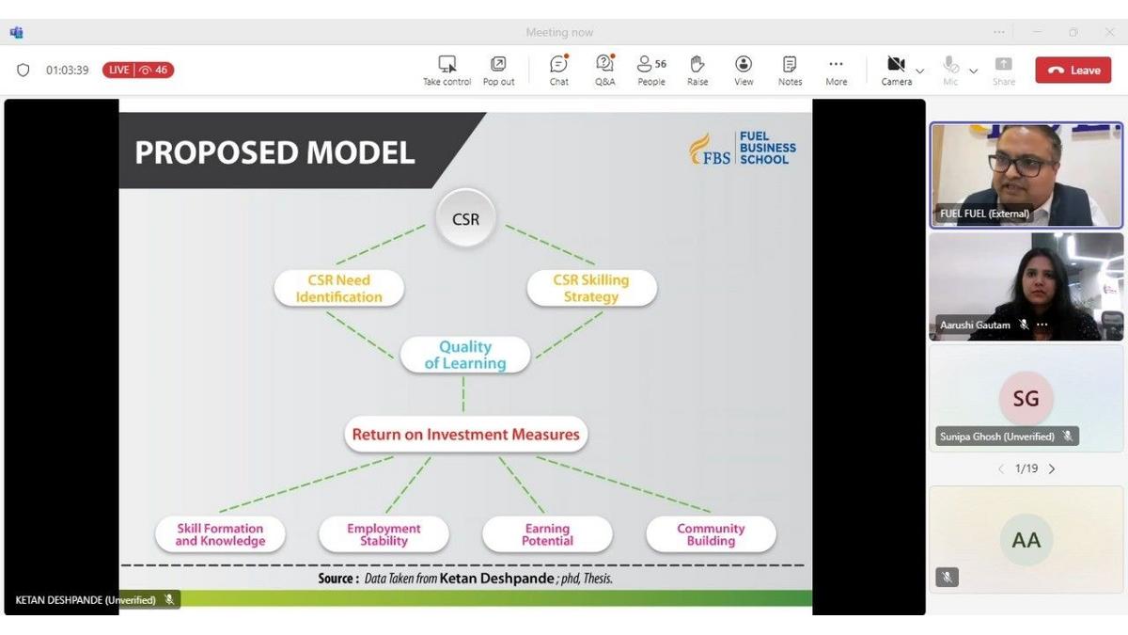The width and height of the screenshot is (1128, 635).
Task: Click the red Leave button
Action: (x=1073, y=70)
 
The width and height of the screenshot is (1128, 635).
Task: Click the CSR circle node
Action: (x=465, y=219)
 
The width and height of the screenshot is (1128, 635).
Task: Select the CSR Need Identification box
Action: (x=339, y=288)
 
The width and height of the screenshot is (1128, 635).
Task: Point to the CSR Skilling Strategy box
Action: (x=591, y=288)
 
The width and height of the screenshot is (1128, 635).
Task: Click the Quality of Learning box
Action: (x=465, y=355)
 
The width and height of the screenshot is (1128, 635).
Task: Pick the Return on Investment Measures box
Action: (x=465, y=435)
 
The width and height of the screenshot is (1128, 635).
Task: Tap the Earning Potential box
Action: (x=547, y=534)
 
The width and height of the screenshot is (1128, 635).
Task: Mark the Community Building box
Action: (x=711, y=534)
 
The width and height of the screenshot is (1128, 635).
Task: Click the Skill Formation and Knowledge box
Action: (x=220, y=534)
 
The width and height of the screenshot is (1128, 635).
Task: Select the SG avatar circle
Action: (x=1026, y=399)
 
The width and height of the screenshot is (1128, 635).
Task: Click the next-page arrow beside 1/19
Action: (x=1052, y=468)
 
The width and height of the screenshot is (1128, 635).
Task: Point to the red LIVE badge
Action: (x=138, y=70)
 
